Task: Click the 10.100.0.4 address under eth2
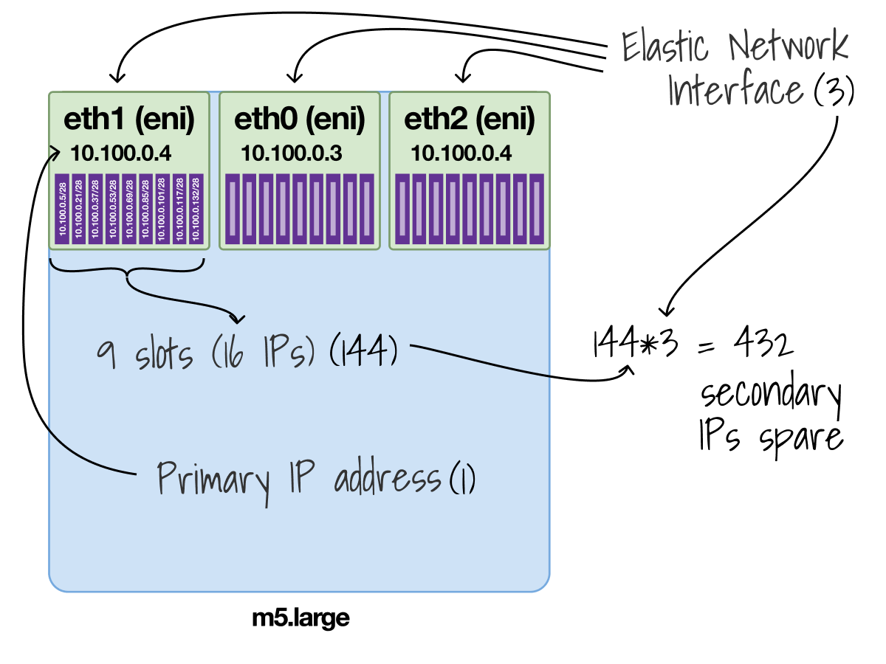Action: tap(461, 153)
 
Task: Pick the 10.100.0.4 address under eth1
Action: tap(121, 153)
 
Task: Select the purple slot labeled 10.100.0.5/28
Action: tap(63, 209)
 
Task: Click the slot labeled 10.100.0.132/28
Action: tap(196, 209)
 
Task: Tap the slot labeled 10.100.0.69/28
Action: tap(129, 209)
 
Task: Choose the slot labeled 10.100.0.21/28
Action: tap(79, 209)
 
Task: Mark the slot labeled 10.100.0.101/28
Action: tap(162, 209)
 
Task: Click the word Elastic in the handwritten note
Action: tap(664, 48)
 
